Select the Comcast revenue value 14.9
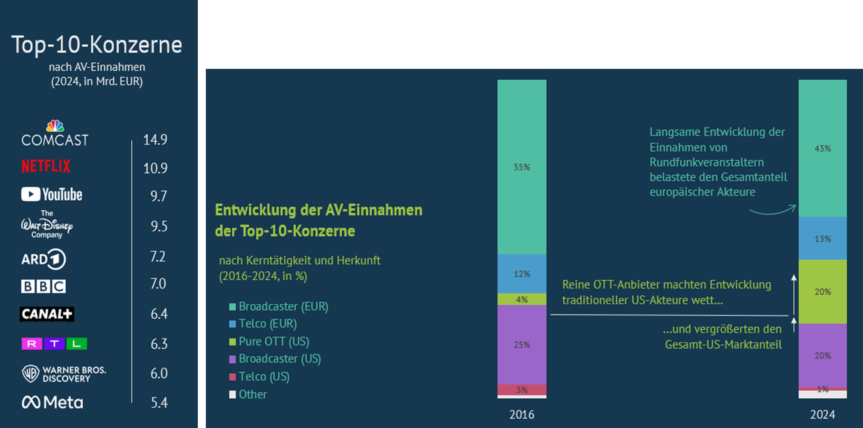click(x=155, y=139)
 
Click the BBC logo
click(x=43, y=286)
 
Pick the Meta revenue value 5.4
click(x=159, y=403)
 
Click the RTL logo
click(x=54, y=344)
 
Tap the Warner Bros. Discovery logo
click(x=64, y=374)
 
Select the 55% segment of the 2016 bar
click(x=522, y=167)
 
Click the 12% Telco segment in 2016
click(x=522, y=274)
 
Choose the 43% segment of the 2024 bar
click(x=822, y=148)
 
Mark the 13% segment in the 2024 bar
click(x=822, y=239)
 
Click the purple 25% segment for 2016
click(x=522, y=344)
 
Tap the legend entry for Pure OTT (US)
click(x=269, y=341)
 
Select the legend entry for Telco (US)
click(x=260, y=376)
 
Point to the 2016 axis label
click(x=522, y=415)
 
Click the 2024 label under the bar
click(x=822, y=415)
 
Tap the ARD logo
click(x=43, y=259)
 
